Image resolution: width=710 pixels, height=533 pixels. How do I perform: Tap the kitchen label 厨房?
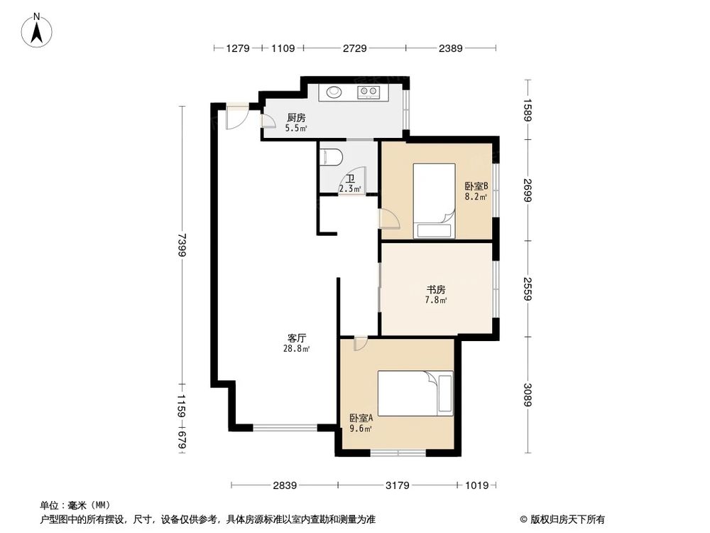coord(296,118)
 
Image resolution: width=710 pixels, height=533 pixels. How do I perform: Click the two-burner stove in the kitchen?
coord(369,91)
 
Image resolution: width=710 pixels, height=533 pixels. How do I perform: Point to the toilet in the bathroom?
coord(332,156)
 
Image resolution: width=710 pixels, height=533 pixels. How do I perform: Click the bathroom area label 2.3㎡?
coord(349,189)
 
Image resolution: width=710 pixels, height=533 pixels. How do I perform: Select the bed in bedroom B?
coord(434,200)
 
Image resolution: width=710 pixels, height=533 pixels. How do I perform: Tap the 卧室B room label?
coord(476,186)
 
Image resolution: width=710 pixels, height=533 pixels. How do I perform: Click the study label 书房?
coord(435,290)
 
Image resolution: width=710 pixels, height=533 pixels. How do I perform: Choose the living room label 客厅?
coord(297,338)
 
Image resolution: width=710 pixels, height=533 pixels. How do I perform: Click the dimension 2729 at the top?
coord(354,48)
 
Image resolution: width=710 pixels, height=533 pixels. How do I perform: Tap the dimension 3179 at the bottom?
coord(398,485)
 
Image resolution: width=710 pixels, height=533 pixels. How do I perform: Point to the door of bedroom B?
coord(390,218)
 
